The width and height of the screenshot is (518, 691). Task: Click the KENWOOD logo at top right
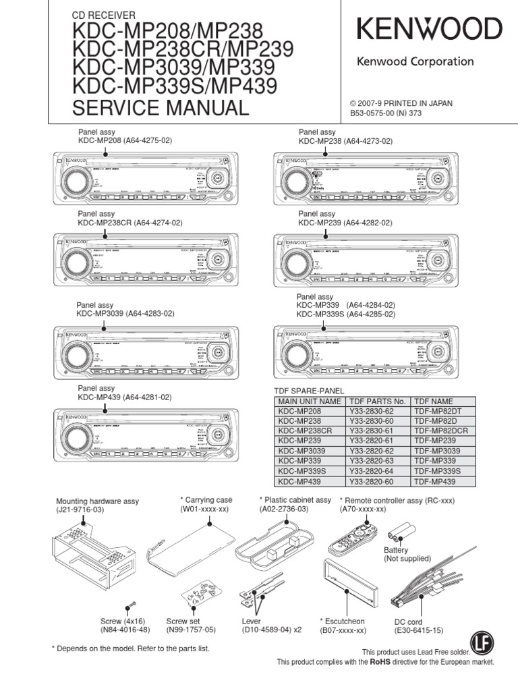[x=429, y=30]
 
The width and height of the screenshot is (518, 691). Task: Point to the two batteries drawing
[x=403, y=529]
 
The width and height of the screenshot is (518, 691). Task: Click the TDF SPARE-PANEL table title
[x=308, y=391]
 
